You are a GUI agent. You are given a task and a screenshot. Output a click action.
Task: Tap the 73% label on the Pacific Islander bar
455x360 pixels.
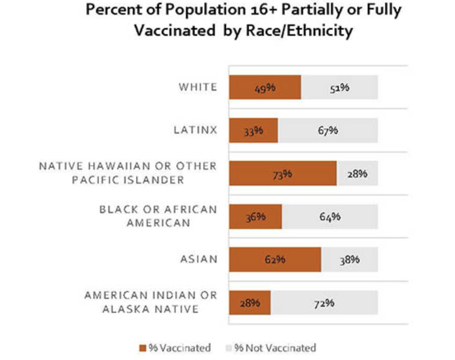coord(283,174)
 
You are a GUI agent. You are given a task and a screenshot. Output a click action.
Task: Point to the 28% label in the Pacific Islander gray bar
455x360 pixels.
coord(357,173)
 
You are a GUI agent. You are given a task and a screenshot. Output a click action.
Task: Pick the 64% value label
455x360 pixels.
coord(330,216)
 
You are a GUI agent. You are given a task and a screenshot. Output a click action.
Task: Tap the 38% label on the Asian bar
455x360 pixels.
coord(349,260)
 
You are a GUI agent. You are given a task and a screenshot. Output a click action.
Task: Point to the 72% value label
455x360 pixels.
coord(324,302)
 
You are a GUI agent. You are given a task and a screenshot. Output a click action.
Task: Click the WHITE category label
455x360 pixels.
coord(197,87)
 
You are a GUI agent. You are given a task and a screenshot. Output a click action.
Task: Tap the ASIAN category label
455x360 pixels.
coord(199,259)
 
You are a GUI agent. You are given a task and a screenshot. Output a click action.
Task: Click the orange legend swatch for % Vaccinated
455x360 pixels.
coord(143,348)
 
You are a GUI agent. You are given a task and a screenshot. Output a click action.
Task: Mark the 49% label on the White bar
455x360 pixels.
coord(265,87)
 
